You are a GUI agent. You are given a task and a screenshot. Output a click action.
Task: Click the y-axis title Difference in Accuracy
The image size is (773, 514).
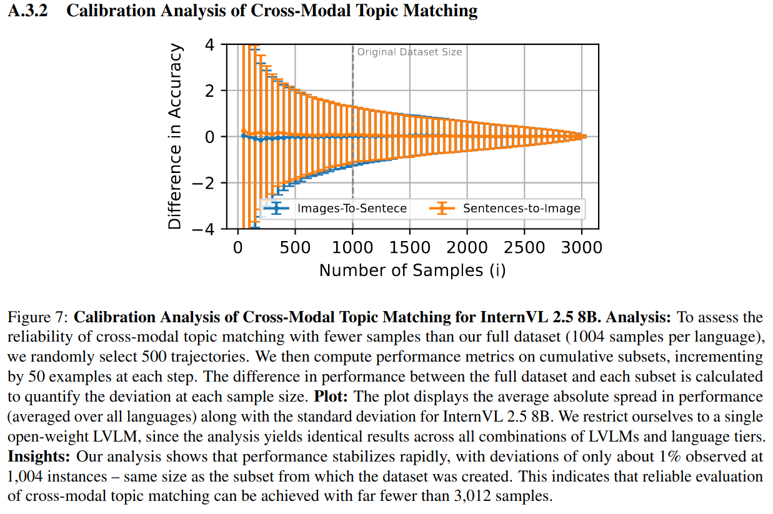(176, 136)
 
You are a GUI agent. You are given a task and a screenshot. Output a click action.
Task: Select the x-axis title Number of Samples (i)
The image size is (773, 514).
(412, 270)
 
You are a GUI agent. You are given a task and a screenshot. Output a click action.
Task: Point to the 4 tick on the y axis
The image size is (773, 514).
(209, 44)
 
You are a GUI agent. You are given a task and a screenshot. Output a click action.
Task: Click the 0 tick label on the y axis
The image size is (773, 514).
(209, 137)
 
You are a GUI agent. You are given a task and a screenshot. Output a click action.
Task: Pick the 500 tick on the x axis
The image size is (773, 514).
(295, 247)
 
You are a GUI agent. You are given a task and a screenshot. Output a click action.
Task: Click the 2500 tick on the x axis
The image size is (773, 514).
(524, 247)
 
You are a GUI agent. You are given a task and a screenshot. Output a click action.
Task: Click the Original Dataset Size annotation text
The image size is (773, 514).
(409, 52)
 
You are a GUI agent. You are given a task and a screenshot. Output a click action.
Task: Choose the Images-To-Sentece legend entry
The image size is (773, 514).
(352, 209)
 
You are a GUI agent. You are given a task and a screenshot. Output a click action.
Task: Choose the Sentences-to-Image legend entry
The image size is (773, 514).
(521, 209)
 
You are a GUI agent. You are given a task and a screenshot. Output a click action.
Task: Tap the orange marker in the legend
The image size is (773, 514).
(442, 209)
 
